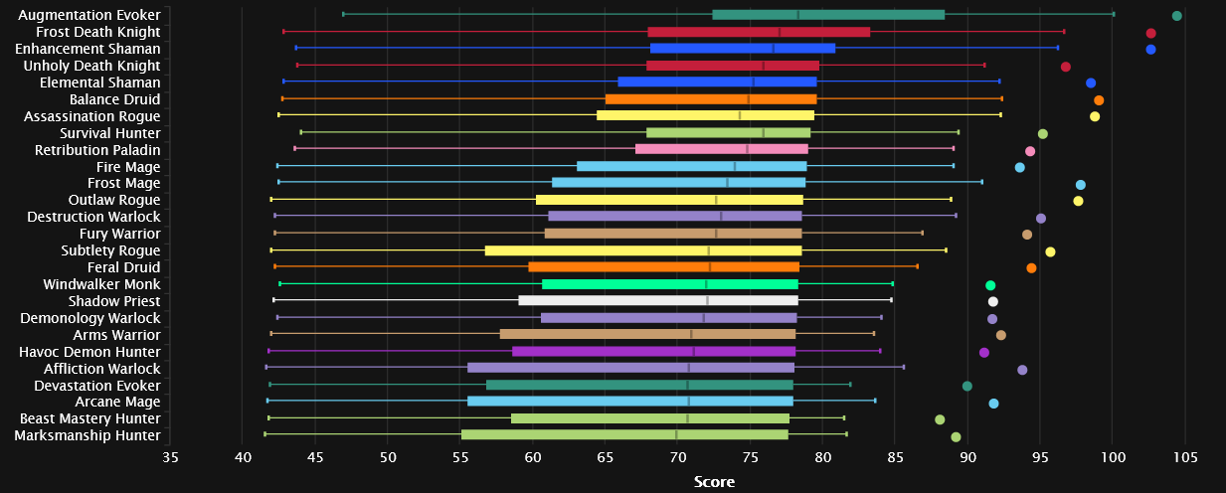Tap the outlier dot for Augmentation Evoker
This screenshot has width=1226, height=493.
click(x=1177, y=16)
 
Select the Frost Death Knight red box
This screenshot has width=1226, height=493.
click(x=759, y=32)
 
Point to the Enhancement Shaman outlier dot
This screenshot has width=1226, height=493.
click(x=1150, y=49)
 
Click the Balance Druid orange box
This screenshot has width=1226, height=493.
click(x=711, y=99)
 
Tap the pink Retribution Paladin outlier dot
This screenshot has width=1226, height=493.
click(x=1030, y=151)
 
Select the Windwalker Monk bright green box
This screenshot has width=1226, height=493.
click(x=670, y=284)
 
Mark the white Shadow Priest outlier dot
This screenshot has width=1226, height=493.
click(x=992, y=301)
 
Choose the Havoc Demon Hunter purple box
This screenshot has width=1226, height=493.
click(x=653, y=351)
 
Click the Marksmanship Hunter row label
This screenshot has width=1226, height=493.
click(x=88, y=435)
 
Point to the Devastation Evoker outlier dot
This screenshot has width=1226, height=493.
click(x=967, y=386)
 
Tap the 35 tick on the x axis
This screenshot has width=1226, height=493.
click(x=170, y=456)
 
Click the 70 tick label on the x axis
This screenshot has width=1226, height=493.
click(x=677, y=456)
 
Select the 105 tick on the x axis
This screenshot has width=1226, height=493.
click(x=1184, y=456)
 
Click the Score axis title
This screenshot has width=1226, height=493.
click(x=714, y=481)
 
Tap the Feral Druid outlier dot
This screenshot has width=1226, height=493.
click(x=1031, y=267)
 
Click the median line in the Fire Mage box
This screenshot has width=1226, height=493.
click(x=734, y=166)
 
